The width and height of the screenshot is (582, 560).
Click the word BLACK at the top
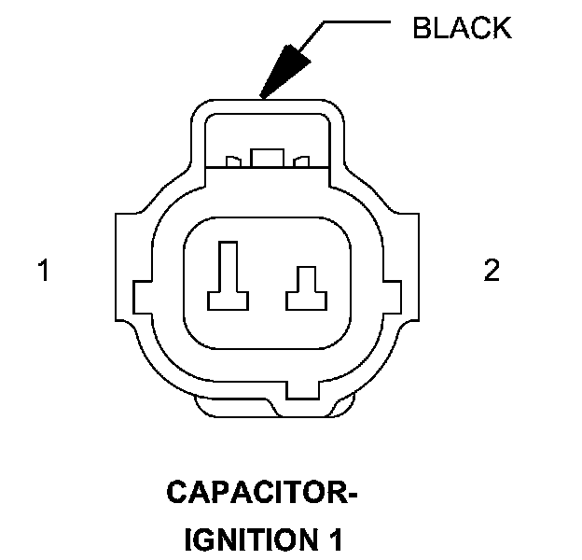click(461, 28)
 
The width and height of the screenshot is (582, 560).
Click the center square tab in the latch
click(267, 158)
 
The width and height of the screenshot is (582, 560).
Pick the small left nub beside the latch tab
click(234, 162)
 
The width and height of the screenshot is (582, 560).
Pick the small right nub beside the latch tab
click(300, 162)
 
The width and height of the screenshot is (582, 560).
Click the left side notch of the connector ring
click(143, 298)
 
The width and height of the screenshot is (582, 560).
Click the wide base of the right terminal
click(304, 301)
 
